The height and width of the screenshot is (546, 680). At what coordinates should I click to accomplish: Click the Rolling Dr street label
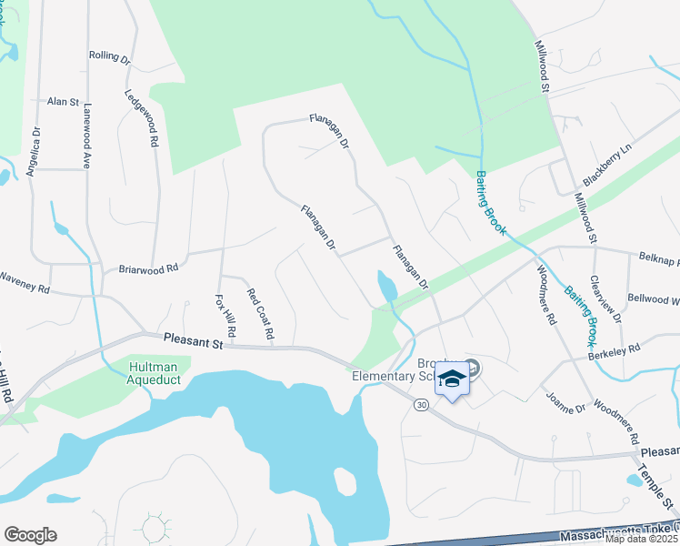(x=110, y=56)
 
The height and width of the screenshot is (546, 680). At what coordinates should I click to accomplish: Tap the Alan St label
(x=64, y=102)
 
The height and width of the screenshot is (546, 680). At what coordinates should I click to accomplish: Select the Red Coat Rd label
(x=260, y=315)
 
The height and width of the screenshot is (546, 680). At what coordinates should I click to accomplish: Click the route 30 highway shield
(x=421, y=404)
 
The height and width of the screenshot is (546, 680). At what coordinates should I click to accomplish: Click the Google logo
(x=30, y=535)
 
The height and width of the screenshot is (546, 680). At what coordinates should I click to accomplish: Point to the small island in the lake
(x=345, y=480)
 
